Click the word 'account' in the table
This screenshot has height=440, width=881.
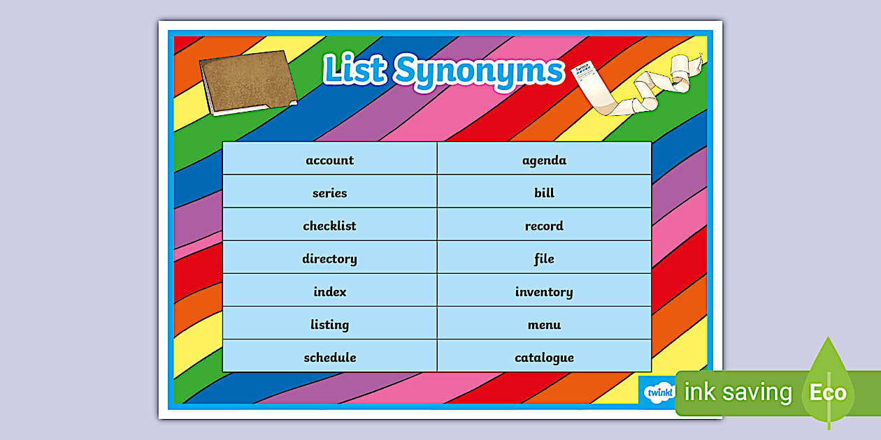(329, 160)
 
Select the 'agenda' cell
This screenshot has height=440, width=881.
(544, 160)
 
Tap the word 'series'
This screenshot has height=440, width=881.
(329, 193)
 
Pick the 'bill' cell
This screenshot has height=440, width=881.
(544, 193)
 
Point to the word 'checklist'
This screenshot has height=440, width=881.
(329, 226)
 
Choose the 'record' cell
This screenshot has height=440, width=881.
(544, 226)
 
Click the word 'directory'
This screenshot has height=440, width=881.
(329, 258)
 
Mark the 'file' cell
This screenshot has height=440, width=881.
(544, 258)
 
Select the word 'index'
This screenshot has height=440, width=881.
(329, 291)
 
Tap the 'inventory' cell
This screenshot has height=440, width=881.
(544, 291)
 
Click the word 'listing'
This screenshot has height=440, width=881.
(329, 324)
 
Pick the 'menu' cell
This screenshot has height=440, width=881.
(544, 324)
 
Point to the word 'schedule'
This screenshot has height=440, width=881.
(329, 357)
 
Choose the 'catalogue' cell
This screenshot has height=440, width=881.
(544, 357)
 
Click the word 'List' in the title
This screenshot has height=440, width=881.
(354, 70)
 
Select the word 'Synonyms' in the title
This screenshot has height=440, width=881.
(479, 71)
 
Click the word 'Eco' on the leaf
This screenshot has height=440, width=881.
(828, 393)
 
